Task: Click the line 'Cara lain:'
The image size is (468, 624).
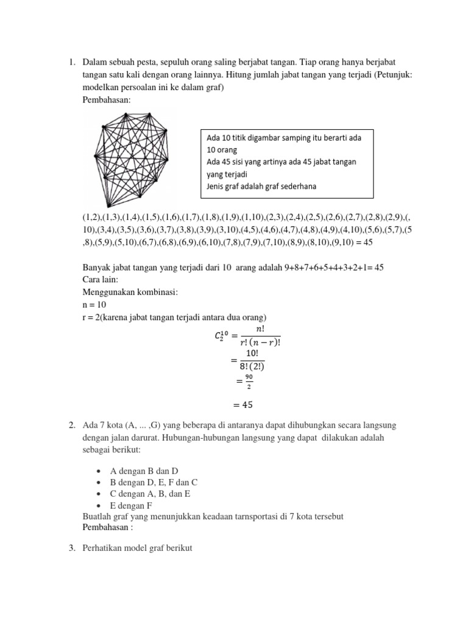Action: click(101, 280)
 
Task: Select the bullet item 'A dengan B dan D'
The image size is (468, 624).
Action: click(144, 471)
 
